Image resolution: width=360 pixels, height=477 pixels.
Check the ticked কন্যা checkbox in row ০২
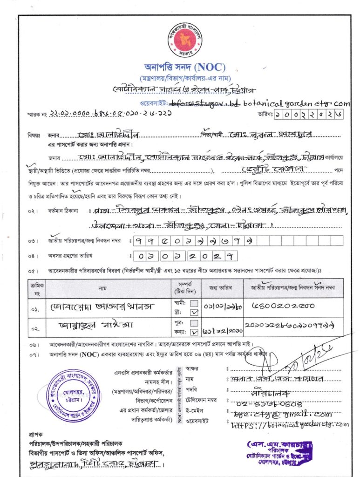tap(195, 332)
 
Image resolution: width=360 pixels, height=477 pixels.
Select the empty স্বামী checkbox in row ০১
tap(195, 303)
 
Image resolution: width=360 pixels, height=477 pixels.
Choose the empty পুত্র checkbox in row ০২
tap(195, 323)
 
